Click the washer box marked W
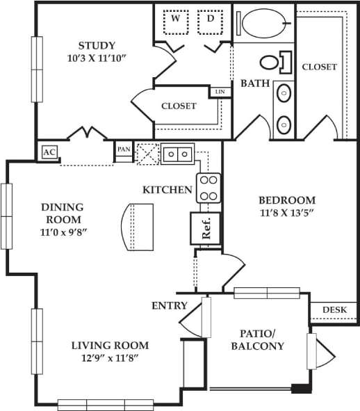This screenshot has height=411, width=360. (176, 21)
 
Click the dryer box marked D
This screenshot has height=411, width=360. (210, 21)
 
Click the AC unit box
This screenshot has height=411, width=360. (49, 152)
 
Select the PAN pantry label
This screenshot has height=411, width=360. (124, 150)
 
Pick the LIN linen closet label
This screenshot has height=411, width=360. (220, 92)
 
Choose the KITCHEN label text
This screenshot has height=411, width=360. (167, 189)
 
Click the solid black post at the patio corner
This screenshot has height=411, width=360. (300, 389)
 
